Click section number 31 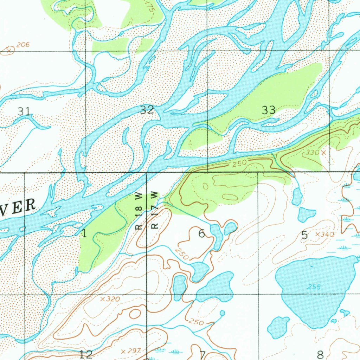pos(24,111)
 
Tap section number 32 pos(147,110)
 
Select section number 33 pos(269,110)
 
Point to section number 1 pos(84,233)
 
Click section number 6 pos(201,233)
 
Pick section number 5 pos(304,235)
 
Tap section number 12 pos(86,354)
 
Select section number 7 pos(202,354)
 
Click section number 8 pos(320,354)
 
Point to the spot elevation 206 pos(22,45)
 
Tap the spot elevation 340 pos(327,234)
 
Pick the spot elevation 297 pos(133,351)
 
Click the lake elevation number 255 pos(314,287)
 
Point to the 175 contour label pos(151,8)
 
